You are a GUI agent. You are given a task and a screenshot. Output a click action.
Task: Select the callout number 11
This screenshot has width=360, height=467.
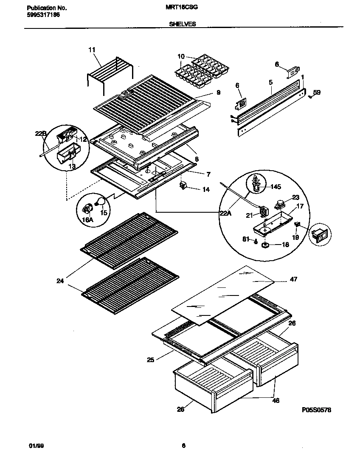point(92,50)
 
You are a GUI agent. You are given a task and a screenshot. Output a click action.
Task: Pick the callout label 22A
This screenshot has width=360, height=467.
point(226,214)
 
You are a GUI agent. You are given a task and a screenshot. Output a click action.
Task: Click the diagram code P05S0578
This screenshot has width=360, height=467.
point(316,410)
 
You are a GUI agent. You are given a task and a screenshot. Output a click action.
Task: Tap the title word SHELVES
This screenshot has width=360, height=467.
point(183,24)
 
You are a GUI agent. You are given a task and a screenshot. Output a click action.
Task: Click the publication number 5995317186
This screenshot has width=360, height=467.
point(41,14)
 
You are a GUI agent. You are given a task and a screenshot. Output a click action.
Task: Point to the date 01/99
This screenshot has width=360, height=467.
point(35,445)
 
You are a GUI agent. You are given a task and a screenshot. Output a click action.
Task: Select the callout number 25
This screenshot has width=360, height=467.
point(150,360)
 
